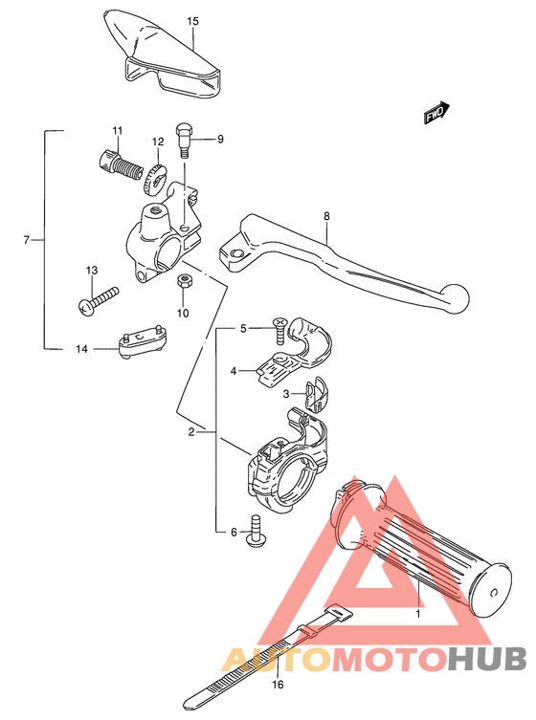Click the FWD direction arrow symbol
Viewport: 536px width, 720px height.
click(436, 113)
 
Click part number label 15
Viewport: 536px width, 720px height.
click(192, 20)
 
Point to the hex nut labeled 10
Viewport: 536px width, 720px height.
click(183, 282)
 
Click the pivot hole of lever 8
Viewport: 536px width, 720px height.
click(231, 254)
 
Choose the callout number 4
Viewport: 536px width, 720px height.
click(233, 370)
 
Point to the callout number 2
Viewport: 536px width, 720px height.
click(191, 432)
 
